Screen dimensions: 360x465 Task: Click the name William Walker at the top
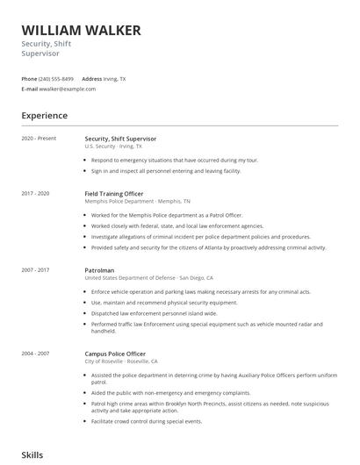pos(81,31)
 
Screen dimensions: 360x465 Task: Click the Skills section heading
pos(32,455)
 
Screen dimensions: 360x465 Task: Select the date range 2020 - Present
pos(39,139)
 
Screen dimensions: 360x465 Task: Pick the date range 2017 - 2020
pos(35,192)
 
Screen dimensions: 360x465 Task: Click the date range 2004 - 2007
pos(35,353)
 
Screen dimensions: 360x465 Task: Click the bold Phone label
pos(29,79)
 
